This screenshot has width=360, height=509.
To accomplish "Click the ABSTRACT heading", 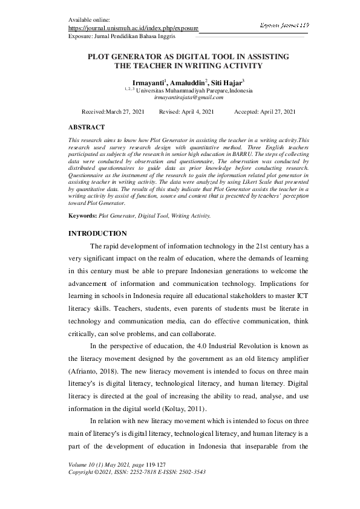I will click(x=86, y=128).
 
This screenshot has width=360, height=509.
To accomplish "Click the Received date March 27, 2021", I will click(x=125, y=112).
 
